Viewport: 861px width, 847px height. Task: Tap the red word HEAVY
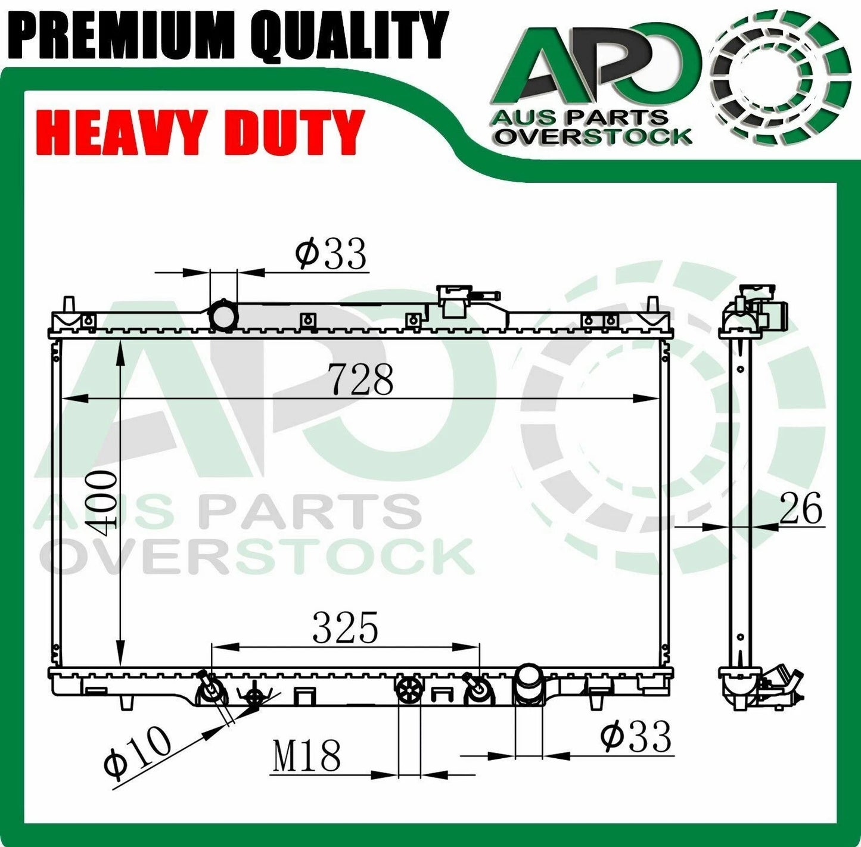pyautogui.click(x=117, y=133)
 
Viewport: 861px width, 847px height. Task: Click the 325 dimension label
pyautogui.click(x=346, y=628)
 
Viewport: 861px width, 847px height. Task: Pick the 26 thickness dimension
pyautogui.click(x=801, y=508)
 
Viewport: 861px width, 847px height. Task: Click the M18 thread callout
pyautogui.click(x=306, y=756)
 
